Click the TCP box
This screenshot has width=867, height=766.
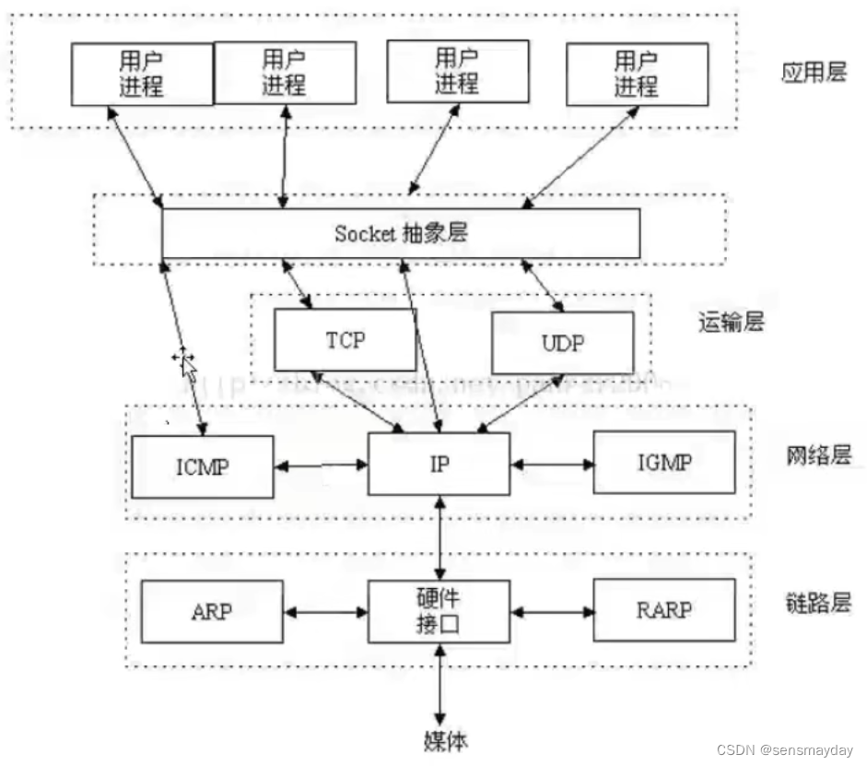346,340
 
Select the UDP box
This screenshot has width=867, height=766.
562,343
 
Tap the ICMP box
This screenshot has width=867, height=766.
203,465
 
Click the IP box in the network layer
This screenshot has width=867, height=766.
439,464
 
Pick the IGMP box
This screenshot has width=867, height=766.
664,461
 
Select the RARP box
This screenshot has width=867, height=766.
664,609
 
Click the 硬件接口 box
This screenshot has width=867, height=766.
439,611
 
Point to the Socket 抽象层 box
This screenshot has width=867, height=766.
401,233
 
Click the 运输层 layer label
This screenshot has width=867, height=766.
732,322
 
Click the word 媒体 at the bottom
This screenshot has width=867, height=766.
439,739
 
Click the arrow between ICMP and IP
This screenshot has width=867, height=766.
321,465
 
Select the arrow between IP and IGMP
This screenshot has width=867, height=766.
551,464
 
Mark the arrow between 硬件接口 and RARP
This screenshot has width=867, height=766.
551,610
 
